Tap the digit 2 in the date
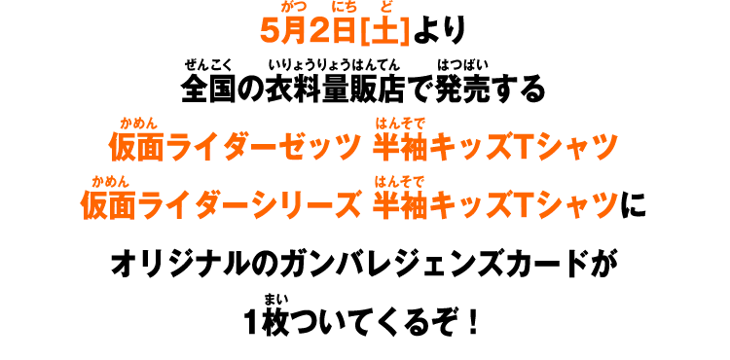[318, 30]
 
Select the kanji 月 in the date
[293, 30]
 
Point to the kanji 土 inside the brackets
[384, 30]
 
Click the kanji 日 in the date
[344, 30]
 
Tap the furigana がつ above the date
[293, 7]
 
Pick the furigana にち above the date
[344, 7]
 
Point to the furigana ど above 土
[386, 7]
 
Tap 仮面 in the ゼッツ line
[136, 147]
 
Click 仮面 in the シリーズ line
[108, 204]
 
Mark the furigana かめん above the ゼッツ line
[138, 124]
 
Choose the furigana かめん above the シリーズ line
[110, 181]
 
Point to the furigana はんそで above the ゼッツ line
[400, 124]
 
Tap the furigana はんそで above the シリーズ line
[399, 181]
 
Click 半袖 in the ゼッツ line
[400, 147]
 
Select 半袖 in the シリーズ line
[400, 204]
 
